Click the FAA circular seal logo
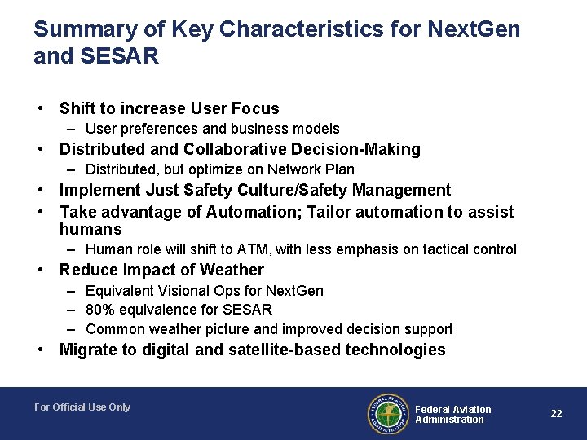point(388,413)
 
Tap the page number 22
point(556,414)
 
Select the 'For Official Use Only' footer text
point(82,407)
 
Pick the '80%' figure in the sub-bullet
point(100,310)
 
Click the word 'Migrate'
point(88,350)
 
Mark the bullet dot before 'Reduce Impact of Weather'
point(39,270)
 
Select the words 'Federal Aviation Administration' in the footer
point(452,414)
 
